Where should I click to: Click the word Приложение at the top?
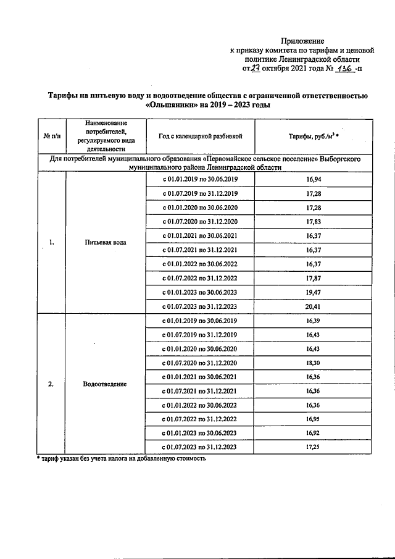click(x=302, y=40)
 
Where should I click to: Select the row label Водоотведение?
click(x=105, y=384)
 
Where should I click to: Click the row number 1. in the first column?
click(x=51, y=242)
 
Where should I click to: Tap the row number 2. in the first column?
click(x=51, y=384)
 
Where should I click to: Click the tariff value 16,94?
click(x=314, y=179)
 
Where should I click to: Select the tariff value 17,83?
click(x=314, y=221)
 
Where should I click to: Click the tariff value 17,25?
click(x=314, y=447)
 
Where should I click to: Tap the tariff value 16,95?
click(x=314, y=419)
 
